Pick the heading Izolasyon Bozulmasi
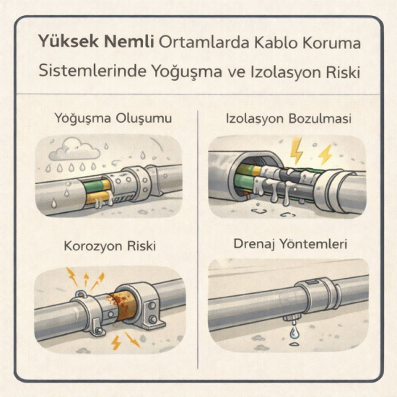289,118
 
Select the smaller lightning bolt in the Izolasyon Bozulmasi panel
325,153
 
